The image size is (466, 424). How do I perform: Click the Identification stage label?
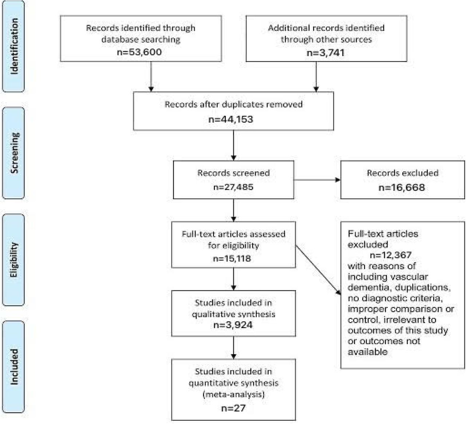(x=13, y=46)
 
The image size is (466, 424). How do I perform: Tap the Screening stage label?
(x=15, y=153)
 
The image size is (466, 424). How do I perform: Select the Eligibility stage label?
(x=14, y=260)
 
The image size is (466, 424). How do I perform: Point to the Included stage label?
(x=14, y=366)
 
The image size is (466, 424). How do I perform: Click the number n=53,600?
(x=139, y=52)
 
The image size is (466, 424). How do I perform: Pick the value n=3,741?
(x=326, y=52)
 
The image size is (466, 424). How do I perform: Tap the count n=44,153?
(x=231, y=119)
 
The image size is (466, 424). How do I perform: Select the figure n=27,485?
(x=233, y=187)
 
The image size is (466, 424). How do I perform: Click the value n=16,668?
(x=402, y=187)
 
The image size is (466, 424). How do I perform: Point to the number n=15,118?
(x=232, y=258)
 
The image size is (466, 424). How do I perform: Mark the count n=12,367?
(x=391, y=255)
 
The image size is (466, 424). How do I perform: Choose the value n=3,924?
(x=233, y=325)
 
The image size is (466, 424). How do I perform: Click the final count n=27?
(x=233, y=408)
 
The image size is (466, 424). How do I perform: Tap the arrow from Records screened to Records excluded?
(x=317, y=180)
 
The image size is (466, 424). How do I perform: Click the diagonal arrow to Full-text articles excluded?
(x=318, y=270)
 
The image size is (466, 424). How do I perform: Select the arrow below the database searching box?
(x=151, y=77)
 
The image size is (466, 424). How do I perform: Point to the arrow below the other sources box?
(x=316, y=77)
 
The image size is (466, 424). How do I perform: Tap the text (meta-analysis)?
(x=233, y=394)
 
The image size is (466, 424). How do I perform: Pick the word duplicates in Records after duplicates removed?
(x=243, y=105)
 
